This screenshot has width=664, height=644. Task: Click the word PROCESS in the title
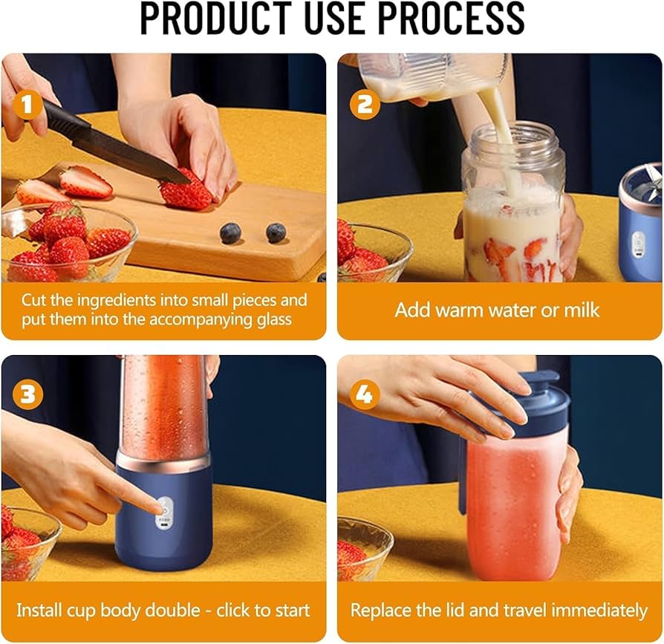coord(451,18)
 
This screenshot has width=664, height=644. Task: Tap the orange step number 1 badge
coord(27,105)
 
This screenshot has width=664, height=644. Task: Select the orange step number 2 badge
coord(365,105)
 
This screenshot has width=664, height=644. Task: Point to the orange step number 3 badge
coord(27,394)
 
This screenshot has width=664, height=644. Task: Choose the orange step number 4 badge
coord(365,394)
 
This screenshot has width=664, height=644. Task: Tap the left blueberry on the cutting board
coord(231,233)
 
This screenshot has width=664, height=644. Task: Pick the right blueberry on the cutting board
coord(276,232)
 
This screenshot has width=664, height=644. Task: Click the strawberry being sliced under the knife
coord(186,192)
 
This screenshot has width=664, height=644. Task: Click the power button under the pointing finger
coord(165,510)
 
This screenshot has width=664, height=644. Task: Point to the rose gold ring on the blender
coord(163,461)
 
